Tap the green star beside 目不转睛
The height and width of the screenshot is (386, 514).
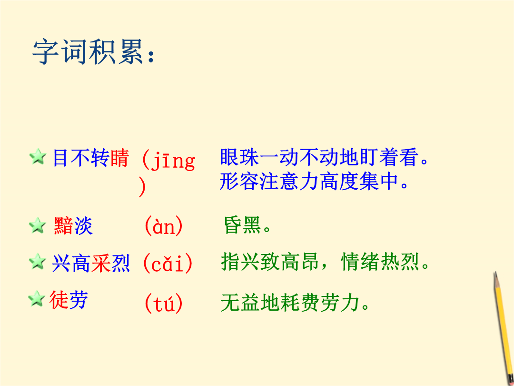point(38,157)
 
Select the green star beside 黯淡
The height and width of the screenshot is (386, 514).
point(37,225)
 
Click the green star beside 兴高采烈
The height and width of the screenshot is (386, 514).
point(37,262)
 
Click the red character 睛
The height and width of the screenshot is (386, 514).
point(120,158)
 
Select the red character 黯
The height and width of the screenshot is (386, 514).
point(64,226)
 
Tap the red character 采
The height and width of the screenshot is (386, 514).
point(101,263)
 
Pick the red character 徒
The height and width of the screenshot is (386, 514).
point(59,299)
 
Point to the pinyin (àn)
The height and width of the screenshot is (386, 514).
point(164,226)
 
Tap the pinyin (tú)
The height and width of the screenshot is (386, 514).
point(164,304)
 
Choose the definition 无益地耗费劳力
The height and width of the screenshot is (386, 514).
point(295,302)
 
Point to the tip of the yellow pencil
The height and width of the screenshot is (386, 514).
point(495,273)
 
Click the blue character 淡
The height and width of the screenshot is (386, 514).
point(83,226)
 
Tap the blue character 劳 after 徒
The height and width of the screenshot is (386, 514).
point(79,299)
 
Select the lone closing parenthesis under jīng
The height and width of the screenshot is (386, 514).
point(142,187)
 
